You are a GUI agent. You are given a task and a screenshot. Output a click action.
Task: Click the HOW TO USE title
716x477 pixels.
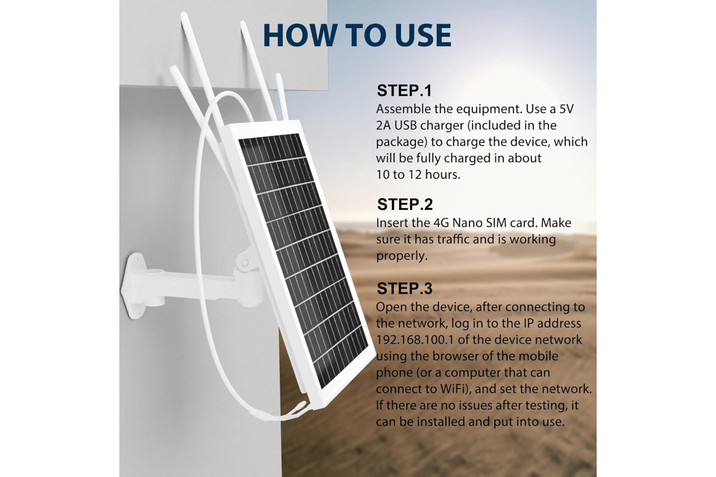point(357,35)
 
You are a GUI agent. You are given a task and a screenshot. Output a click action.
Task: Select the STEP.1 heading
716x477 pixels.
point(405,91)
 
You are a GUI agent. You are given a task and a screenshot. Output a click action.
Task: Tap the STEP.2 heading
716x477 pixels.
point(405,204)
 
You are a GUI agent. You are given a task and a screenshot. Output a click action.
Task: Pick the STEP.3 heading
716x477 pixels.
point(405,288)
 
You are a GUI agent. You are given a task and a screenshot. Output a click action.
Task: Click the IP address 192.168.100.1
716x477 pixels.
point(415,340)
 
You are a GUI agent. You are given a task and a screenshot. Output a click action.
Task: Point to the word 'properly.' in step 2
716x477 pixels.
point(402,256)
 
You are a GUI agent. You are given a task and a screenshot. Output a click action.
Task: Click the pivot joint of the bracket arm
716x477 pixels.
point(245,262)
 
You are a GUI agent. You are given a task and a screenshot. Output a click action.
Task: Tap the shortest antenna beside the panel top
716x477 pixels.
point(282,96)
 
